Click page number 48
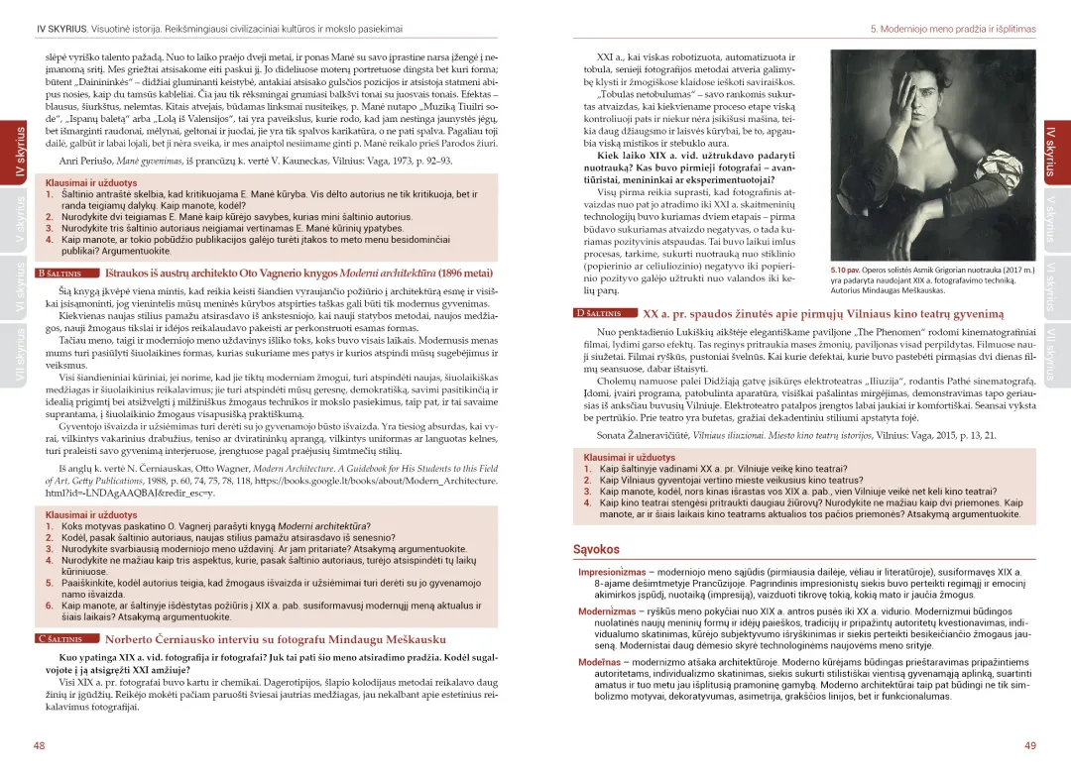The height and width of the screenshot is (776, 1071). pyautogui.click(x=39, y=745)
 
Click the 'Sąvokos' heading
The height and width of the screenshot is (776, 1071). pyautogui.click(x=596, y=548)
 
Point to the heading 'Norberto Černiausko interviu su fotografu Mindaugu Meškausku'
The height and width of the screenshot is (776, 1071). pyautogui.click(x=276, y=639)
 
